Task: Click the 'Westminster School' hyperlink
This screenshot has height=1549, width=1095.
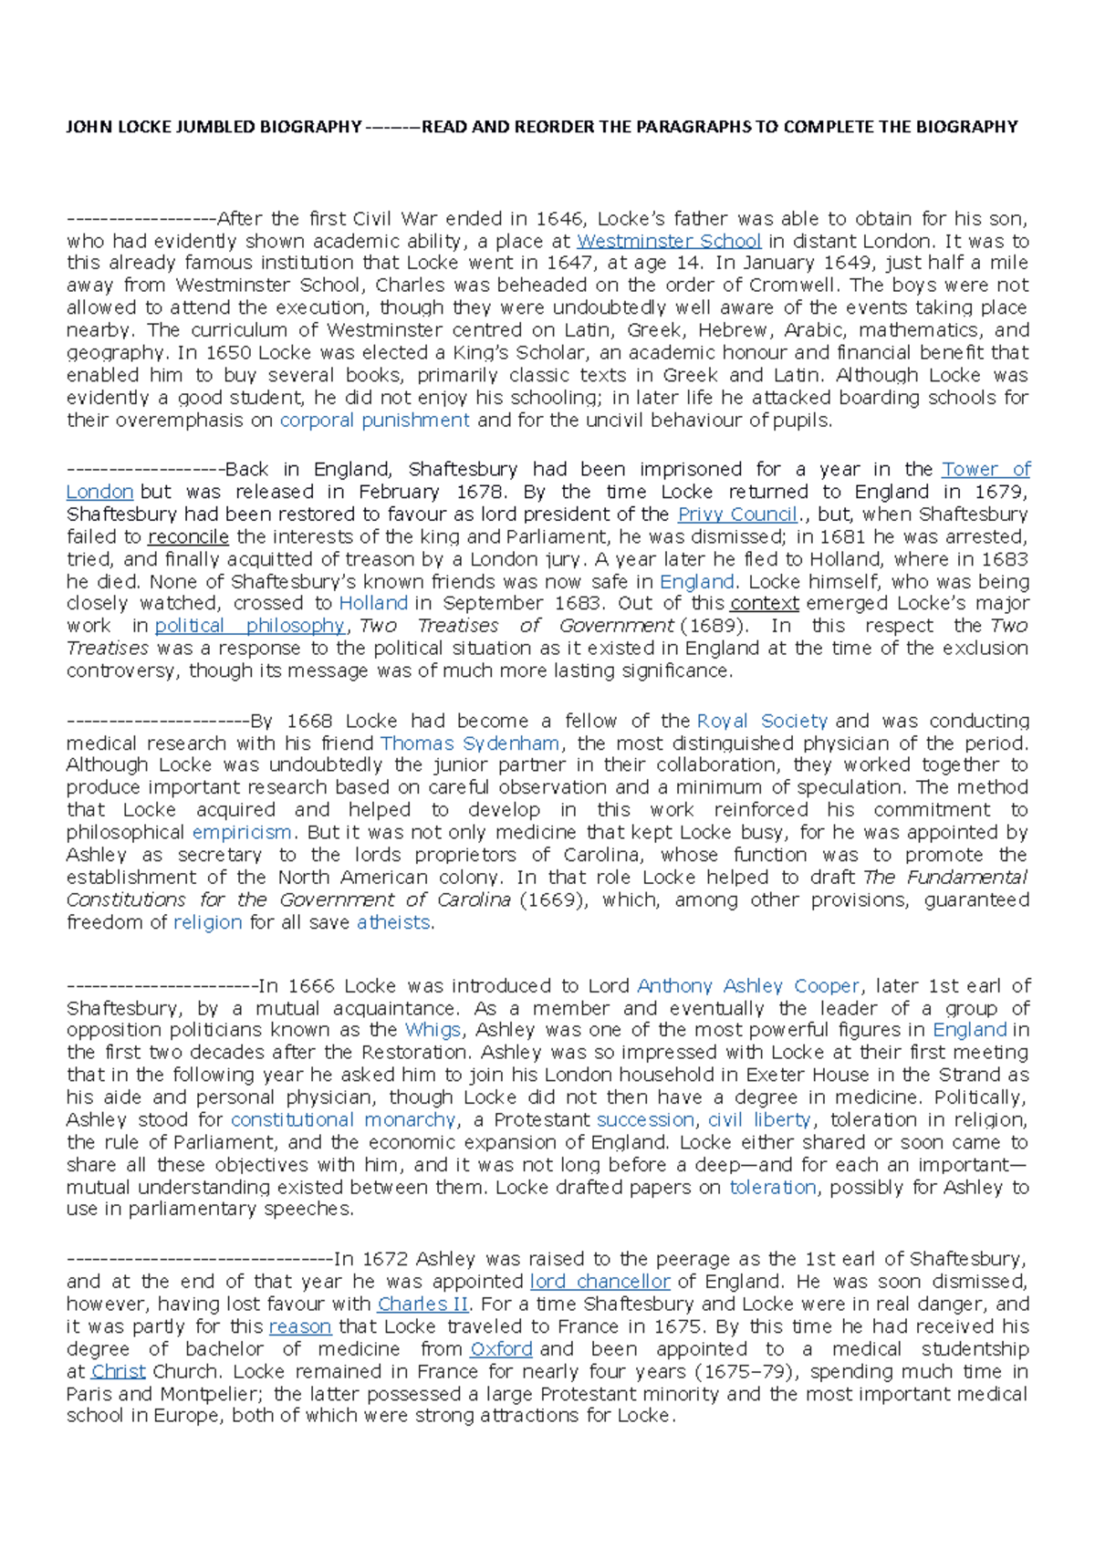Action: tap(669, 241)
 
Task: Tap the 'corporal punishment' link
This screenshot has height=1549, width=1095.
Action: tap(374, 420)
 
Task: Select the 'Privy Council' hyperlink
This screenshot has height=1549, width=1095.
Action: tap(738, 514)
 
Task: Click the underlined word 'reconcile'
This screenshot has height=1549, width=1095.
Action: tap(188, 536)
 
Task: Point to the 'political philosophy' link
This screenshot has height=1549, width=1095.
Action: tap(250, 626)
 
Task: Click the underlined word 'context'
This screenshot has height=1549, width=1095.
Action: tap(765, 603)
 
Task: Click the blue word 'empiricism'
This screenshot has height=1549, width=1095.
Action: tap(242, 832)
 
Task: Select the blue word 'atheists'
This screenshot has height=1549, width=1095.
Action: tap(393, 922)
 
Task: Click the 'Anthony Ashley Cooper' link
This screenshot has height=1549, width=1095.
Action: tap(748, 986)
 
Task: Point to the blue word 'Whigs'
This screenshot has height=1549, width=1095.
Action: tap(433, 1030)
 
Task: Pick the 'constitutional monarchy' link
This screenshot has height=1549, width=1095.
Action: tap(343, 1119)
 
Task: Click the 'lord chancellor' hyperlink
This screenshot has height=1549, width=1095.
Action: tap(600, 1281)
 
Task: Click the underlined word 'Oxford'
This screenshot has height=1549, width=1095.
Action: tap(501, 1348)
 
